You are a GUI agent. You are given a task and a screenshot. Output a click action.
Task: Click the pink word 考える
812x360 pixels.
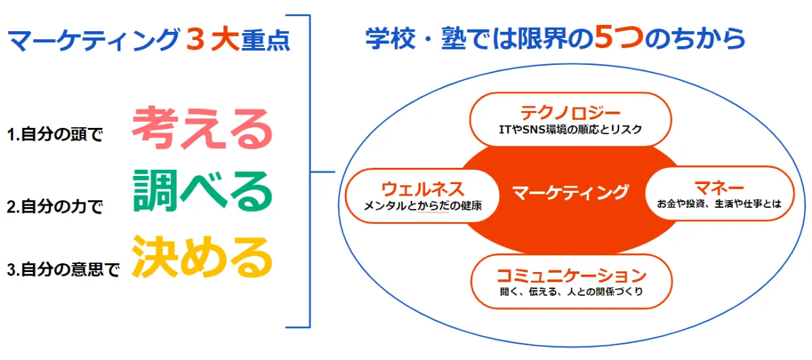point(202,129)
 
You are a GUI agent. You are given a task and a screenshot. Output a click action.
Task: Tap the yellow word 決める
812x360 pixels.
point(202,256)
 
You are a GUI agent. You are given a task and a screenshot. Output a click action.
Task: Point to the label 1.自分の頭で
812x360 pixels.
point(55,135)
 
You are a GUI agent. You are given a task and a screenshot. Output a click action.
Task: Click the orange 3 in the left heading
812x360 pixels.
point(194,41)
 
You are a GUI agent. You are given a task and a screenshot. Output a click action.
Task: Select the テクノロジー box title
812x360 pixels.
point(570,112)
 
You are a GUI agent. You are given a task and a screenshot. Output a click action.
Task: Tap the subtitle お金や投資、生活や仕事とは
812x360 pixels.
point(719,204)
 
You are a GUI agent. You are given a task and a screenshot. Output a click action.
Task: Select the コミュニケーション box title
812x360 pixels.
point(571,275)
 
